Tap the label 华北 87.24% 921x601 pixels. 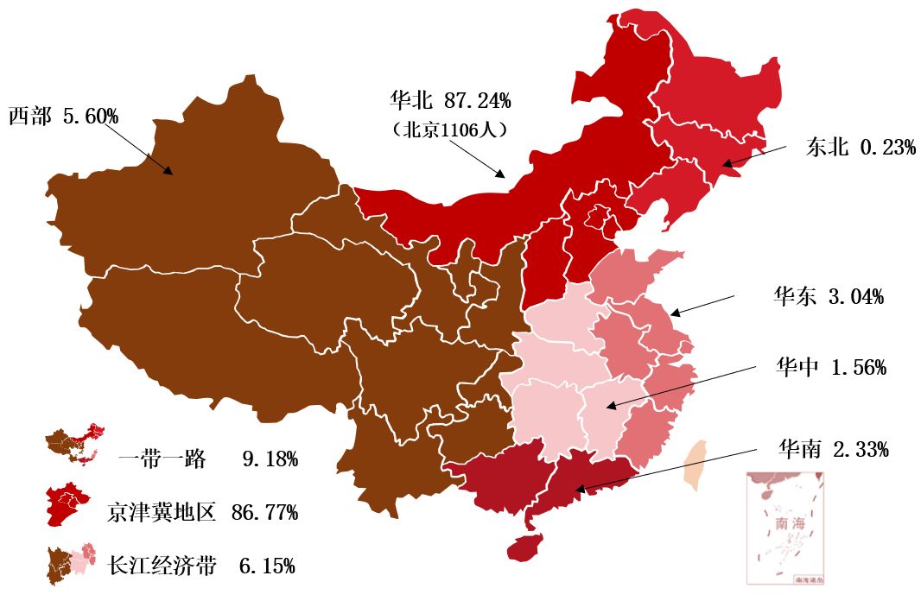click(449, 101)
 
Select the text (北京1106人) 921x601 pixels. click(449, 130)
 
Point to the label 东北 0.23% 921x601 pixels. click(861, 148)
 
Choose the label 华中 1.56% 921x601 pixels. click(830, 367)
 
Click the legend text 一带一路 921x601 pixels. click(162, 459)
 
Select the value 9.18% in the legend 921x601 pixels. click(270, 459)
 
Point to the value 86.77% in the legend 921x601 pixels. click(264, 511)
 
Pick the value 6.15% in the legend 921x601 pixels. click(266, 566)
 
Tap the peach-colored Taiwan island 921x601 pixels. click(695, 465)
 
